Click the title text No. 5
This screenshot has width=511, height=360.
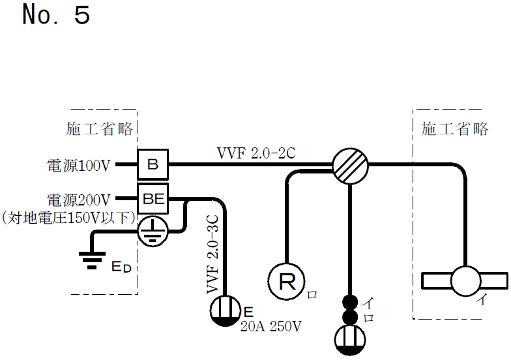(55, 15)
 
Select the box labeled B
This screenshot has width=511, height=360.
(153, 165)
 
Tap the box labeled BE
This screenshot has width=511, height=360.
(153, 199)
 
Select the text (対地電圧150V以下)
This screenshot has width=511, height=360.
(67, 216)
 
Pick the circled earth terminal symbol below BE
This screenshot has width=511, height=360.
(153, 230)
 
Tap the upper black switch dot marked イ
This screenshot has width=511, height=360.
(351, 302)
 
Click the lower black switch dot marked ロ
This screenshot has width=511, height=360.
(351, 318)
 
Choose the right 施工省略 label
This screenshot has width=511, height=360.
(455, 129)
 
